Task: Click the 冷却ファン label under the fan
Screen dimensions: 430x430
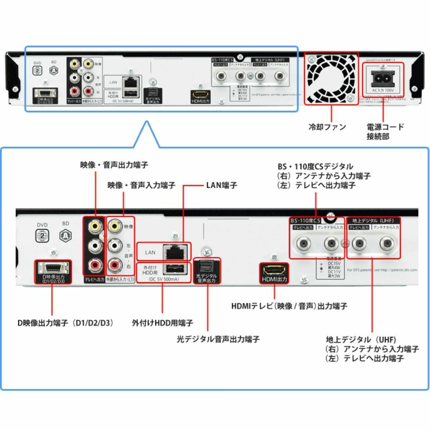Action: click(327, 127)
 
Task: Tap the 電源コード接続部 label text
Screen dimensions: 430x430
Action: click(385, 132)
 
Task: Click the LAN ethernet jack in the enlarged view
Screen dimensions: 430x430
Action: click(176, 252)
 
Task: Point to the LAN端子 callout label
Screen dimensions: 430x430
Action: click(221, 186)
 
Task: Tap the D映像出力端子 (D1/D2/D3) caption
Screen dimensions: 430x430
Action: click(65, 323)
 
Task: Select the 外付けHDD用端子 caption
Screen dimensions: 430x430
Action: click(162, 323)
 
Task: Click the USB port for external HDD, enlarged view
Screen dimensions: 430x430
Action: click(176, 268)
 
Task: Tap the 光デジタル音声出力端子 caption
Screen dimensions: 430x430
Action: click(218, 339)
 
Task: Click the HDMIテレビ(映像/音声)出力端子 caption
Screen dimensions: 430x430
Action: click(289, 306)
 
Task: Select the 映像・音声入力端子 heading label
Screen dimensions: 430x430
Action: click(141, 186)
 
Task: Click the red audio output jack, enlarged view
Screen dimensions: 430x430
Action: click(95, 264)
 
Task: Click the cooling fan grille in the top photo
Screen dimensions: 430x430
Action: click(331, 78)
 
